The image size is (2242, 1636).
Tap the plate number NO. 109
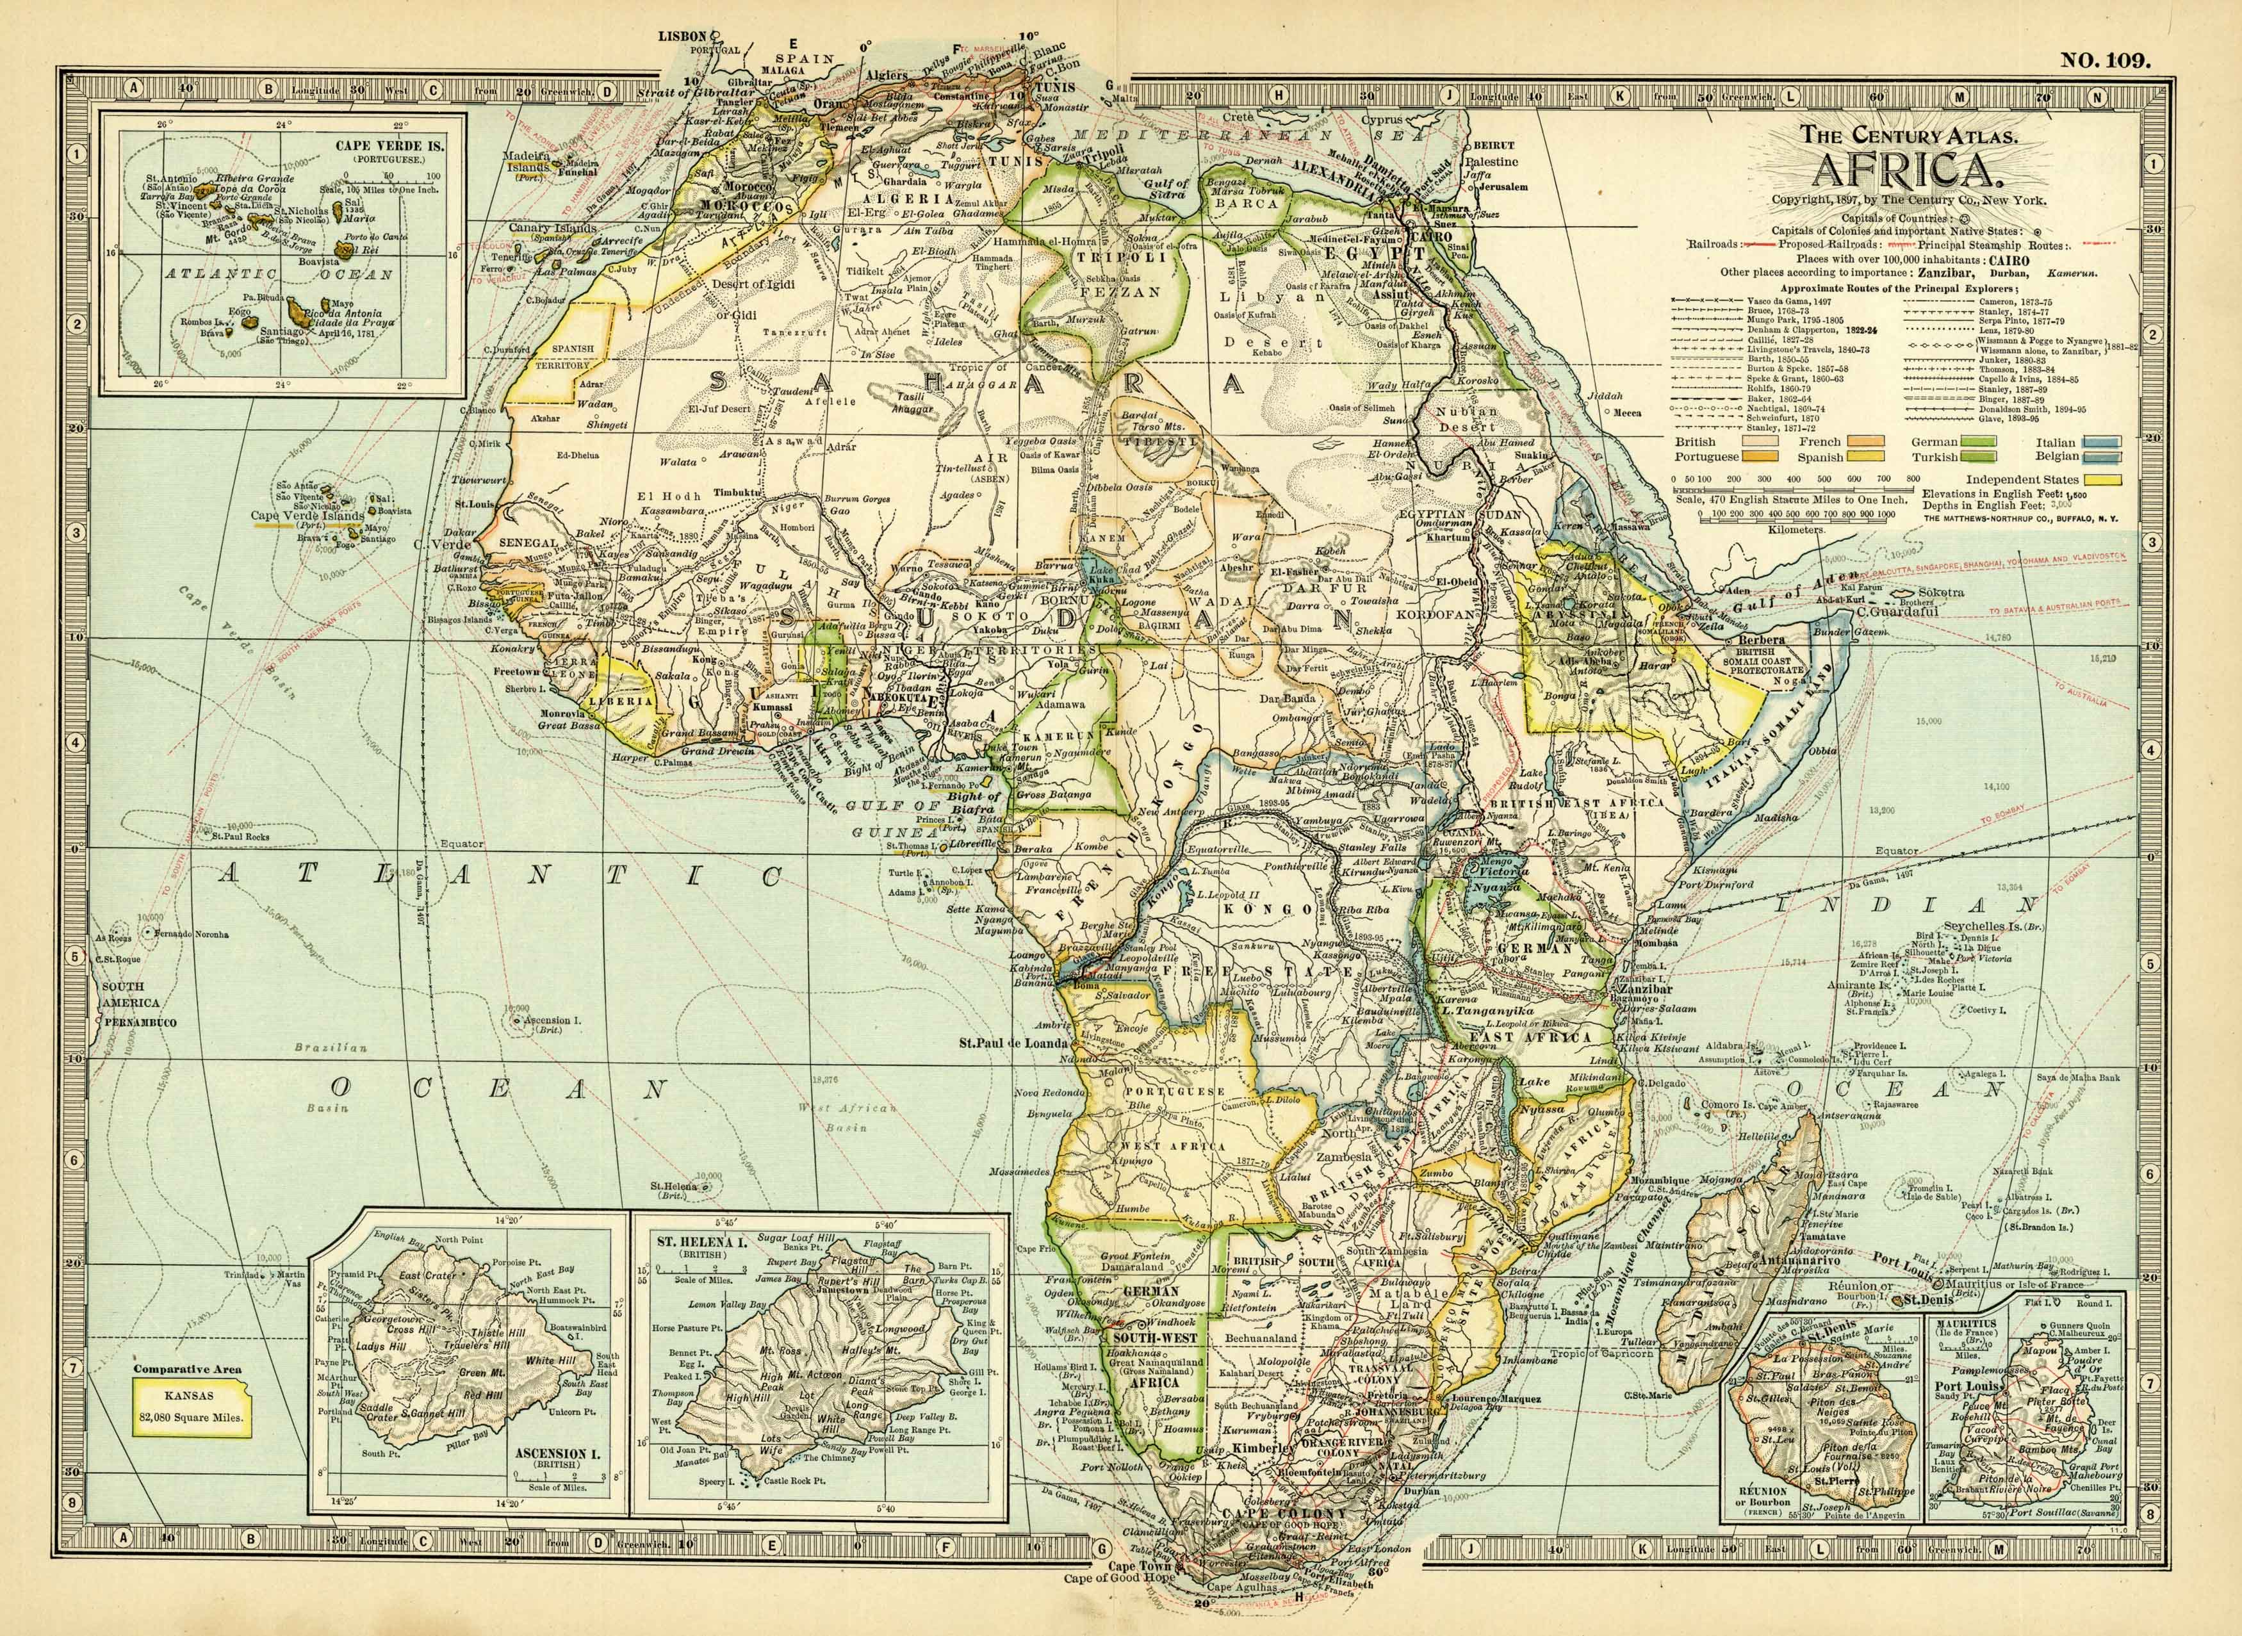(2106, 60)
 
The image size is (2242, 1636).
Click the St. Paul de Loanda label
(1012, 1043)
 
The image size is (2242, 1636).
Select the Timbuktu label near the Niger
(736, 492)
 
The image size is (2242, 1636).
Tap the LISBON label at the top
(685, 35)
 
